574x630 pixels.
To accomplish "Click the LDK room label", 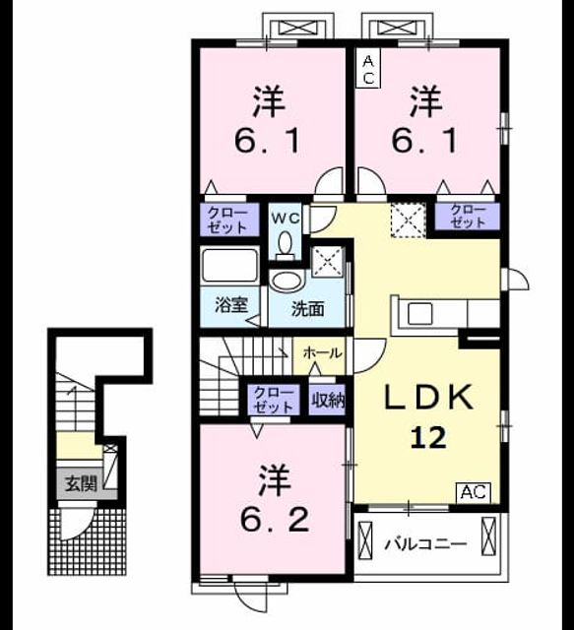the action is point(429,398).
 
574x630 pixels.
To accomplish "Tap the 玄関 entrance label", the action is point(82,483).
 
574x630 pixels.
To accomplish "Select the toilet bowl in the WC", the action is point(286,245).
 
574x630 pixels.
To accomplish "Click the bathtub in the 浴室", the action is point(230,265).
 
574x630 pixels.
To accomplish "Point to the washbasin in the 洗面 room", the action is point(287,281).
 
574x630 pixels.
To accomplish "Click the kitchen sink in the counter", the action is point(420,314).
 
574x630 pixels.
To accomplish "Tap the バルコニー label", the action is point(426,544).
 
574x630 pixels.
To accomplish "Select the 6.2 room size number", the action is point(275,521).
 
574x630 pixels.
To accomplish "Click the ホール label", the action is point(322,353).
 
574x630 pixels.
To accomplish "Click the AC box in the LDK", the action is point(474,492).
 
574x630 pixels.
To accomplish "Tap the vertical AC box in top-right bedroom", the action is point(368,70).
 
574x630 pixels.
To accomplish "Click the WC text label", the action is point(286,219).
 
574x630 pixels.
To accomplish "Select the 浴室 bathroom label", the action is point(231,305).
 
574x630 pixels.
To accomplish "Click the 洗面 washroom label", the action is point(307,309).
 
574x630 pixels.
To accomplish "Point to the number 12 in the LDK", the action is point(428,437).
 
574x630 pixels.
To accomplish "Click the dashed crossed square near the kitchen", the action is point(409,220).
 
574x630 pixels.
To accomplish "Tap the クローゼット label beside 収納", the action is point(274,401).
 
